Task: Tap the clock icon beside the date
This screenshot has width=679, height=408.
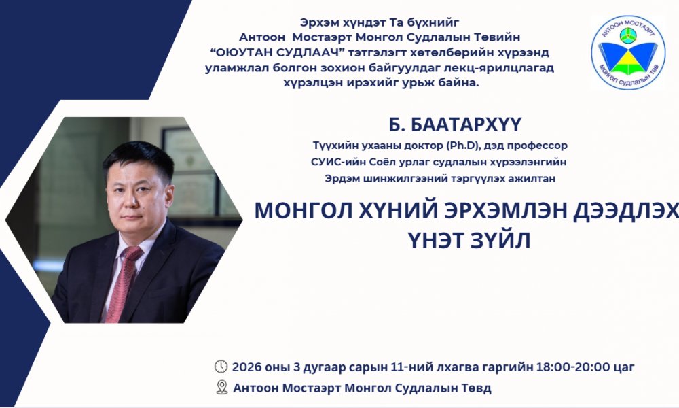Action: (x=221, y=367)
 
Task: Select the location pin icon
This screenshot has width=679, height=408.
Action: (x=221, y=388)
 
